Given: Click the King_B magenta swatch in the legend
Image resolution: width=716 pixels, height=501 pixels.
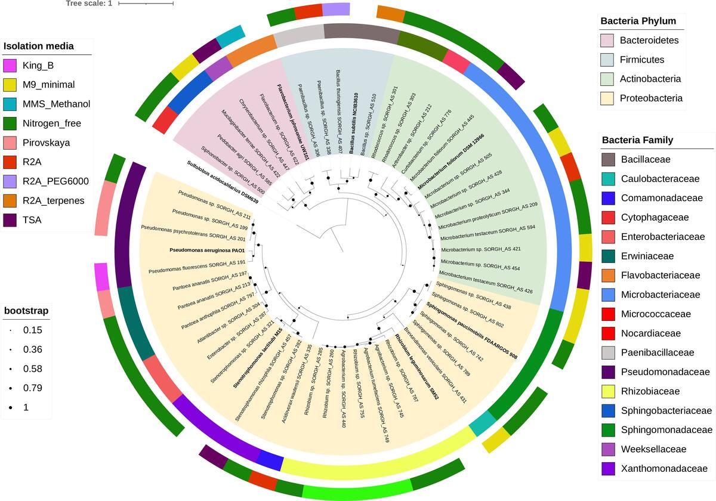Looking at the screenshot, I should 10,66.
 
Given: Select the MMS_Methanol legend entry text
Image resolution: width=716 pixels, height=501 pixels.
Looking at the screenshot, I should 56,104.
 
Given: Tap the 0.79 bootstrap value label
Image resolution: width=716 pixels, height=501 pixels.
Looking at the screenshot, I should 32,388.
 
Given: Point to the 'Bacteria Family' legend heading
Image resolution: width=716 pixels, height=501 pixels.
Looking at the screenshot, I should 637,140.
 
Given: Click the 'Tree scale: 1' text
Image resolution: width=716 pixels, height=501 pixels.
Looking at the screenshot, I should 89,4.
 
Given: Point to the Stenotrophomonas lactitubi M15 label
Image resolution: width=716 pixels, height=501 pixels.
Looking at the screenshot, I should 257,358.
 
